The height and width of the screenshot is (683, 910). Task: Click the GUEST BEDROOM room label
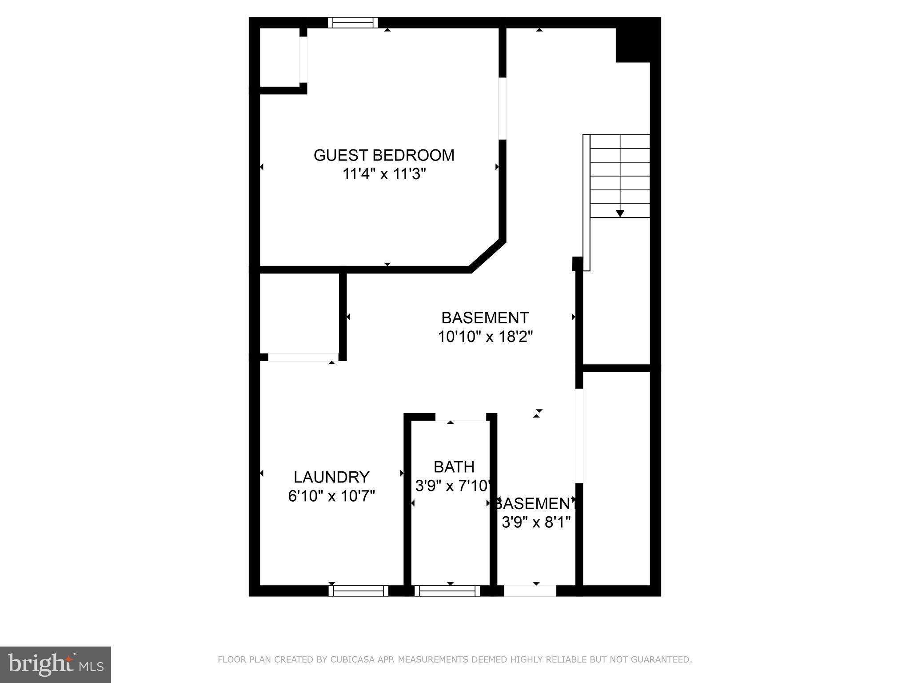pyautogui.click(x=384, y=155)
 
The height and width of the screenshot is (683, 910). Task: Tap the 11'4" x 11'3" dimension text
pyautogui.click(x=384, y=174)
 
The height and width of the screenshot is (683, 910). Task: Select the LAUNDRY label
pyautogui.click(x=331, y=477)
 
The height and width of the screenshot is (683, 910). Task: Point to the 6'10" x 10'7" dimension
pyautogui.click(x=331, y=495)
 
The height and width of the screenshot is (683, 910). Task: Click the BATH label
pyautogui.click(x=454, y=467)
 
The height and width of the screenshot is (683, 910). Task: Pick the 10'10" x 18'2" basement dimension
pyautogui.click(x=485, y=337)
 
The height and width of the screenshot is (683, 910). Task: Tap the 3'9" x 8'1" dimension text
pyautogui.click(x=536, y=522)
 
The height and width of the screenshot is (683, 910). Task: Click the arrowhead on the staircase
pyautogui.click(x=620, y=213)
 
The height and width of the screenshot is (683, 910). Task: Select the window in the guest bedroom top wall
pyautogui.click(x=353, y=23)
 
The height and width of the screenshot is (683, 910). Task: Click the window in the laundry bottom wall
pyautogui.click(x=358, y=591)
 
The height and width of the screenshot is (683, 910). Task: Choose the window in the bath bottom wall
pyautogui.click(x=447, y=591)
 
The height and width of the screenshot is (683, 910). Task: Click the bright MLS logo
pyautogui.click(x=56, y=664)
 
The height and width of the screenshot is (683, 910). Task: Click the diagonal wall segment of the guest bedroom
pyautogui.click(x=487, y=255)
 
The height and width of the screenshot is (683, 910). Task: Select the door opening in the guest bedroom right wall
pyautogui.click(x=503, y=108)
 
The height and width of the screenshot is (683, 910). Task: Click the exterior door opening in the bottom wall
pyautogui.click(x=530, y=591)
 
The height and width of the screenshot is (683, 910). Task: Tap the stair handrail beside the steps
pyautogui.click(x=587, y=202)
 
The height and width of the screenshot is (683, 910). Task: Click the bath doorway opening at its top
pyautogui.click(x=461, y=417)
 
